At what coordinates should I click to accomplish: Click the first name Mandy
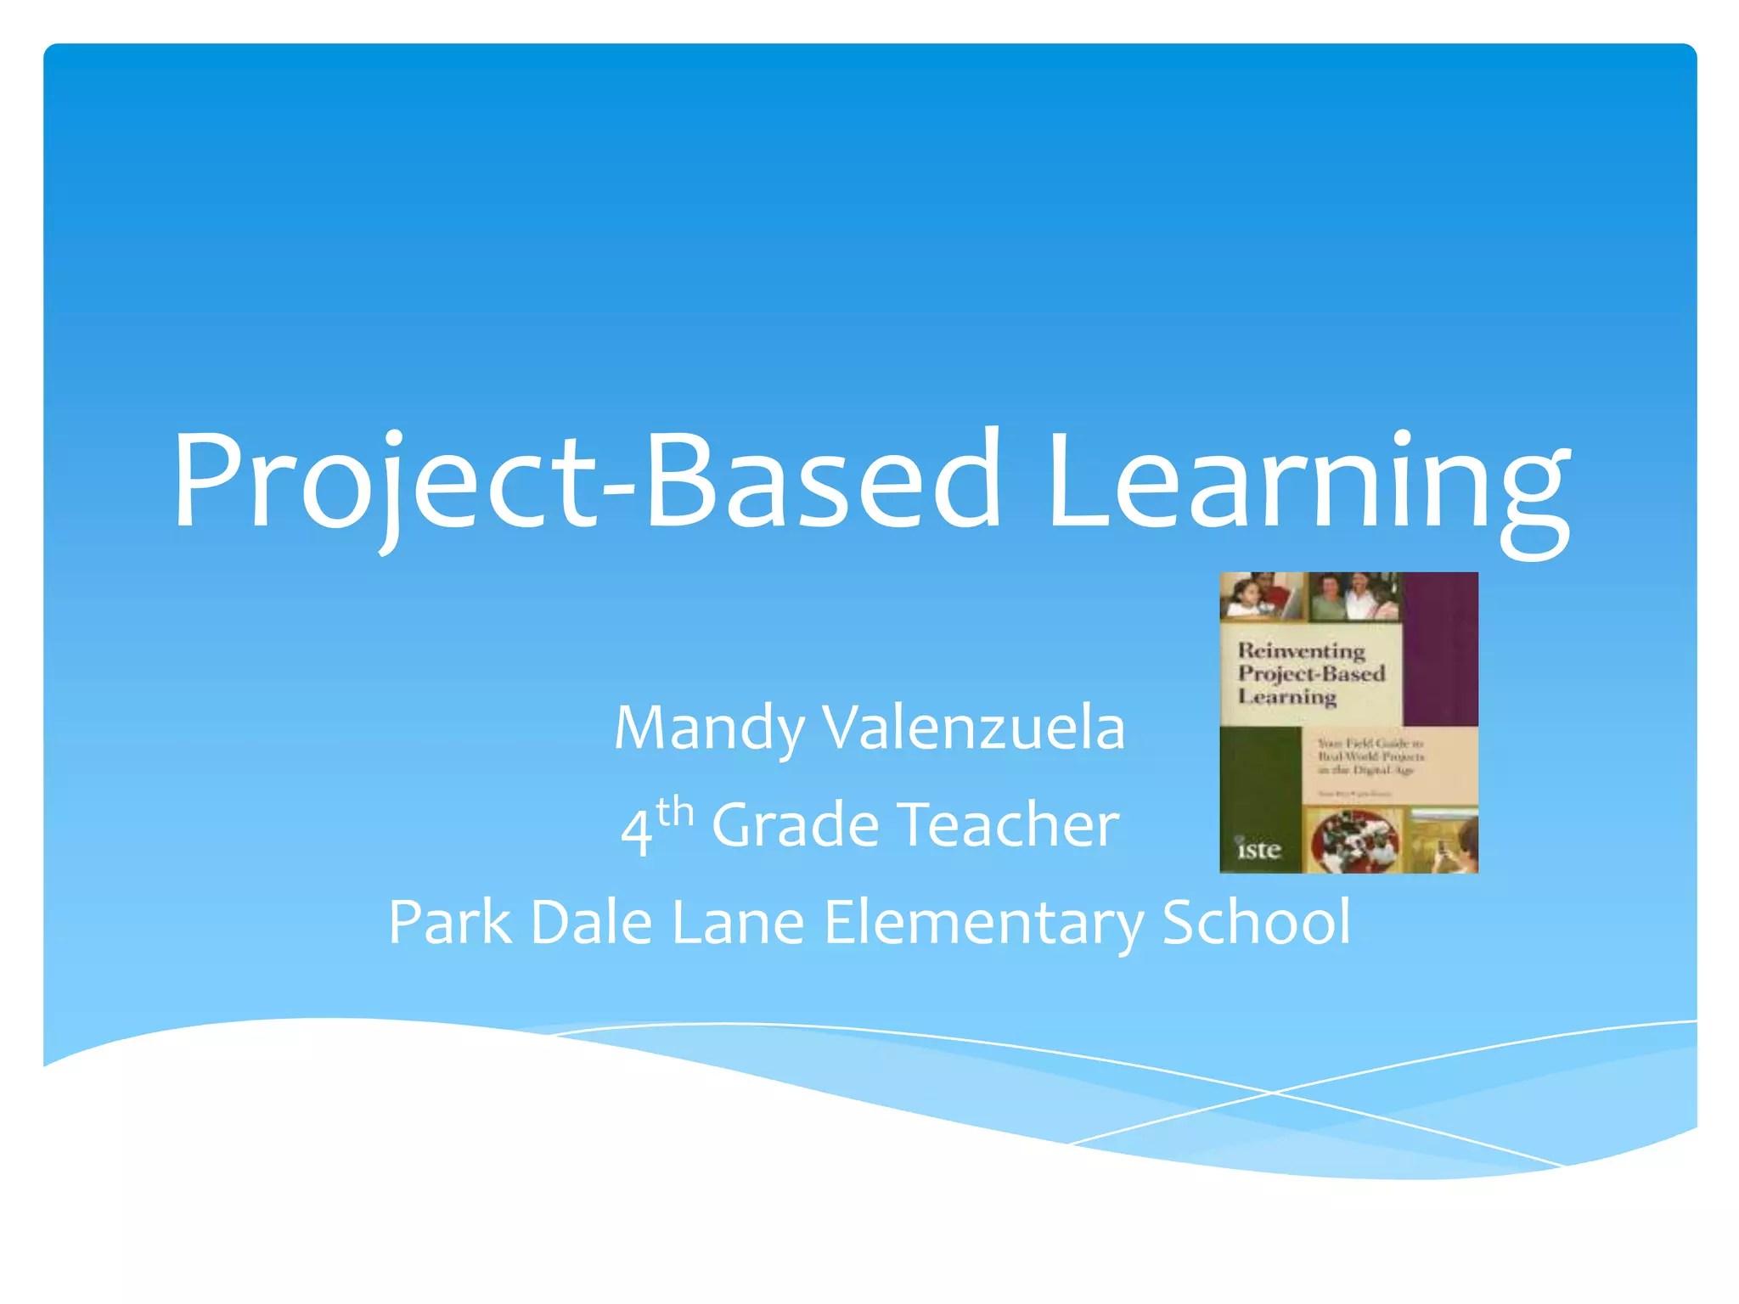click(709, 728)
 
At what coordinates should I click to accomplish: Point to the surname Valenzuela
click(975, 728)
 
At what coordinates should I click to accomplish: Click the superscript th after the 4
click(675, 812)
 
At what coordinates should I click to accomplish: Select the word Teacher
click(1009, 825)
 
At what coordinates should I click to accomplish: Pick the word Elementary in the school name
click(983, 924)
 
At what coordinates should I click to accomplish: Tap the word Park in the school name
click(450, 923)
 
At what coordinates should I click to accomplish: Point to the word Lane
click(738, 923)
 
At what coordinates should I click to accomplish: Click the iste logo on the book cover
click(1258, 850)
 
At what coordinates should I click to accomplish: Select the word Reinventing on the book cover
click(1301, 651)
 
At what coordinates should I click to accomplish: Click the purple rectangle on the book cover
click(1440, 649)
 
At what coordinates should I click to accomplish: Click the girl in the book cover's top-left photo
click(1244, 599)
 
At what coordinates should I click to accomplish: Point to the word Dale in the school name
click(591, 923)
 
